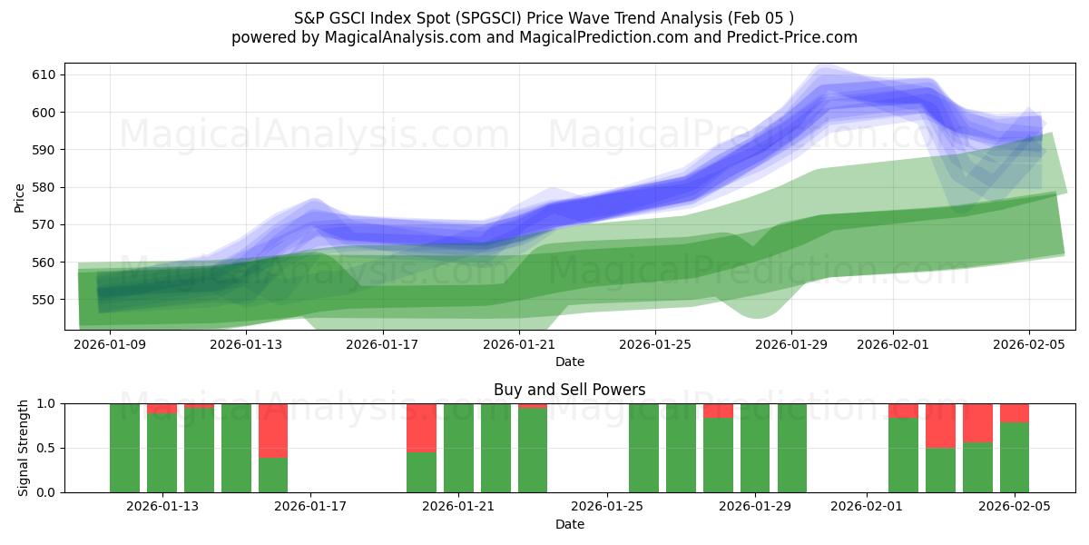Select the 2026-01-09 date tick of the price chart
point(110,344)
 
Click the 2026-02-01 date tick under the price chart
point(892,344)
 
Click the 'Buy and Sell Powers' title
point(569,390)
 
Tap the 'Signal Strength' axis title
point(24,448)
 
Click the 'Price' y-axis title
point(20,198)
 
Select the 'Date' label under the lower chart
point(569,524)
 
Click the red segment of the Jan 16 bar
point(273,431)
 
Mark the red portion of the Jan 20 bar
point(421,427)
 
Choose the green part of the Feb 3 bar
point(940,470)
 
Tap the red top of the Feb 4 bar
point(977,422)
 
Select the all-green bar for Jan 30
point(792,448)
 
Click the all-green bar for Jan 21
point(458,448)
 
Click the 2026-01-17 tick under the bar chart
point(310,505)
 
